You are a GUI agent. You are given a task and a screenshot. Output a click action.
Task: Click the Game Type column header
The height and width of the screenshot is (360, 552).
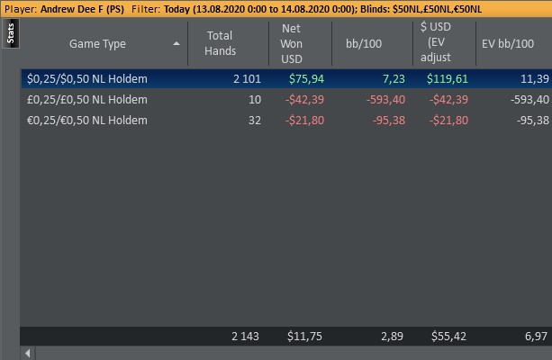coord(97,43)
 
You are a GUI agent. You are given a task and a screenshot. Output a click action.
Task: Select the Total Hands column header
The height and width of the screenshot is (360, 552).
coord(220,43)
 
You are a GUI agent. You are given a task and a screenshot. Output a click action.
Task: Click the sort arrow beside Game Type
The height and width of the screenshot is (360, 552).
coord(176,43)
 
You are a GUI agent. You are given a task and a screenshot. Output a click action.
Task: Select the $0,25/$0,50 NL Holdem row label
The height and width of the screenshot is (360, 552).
coord(87,79)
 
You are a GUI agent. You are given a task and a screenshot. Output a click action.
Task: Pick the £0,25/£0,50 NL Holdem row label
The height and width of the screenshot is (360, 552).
coord(87,99)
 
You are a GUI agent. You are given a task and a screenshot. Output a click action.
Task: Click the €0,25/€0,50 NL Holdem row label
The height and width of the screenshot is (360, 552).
coord(87,119)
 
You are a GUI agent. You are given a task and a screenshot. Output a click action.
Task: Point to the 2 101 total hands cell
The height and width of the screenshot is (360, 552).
coord(246,79)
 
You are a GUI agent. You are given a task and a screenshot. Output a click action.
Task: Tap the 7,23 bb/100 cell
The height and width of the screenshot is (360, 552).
coord(387,79)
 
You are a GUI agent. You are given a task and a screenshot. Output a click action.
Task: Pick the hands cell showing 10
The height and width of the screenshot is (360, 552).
coord(254,99)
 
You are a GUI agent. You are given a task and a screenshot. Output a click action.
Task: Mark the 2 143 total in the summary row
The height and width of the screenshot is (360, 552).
coord(244,336)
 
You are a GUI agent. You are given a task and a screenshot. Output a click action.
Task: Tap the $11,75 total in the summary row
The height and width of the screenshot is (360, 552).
coord(303,336)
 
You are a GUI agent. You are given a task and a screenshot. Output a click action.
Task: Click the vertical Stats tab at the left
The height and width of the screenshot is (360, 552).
coord(10,32)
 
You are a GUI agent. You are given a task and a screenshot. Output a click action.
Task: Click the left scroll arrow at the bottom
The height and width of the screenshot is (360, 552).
coord(27,353)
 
